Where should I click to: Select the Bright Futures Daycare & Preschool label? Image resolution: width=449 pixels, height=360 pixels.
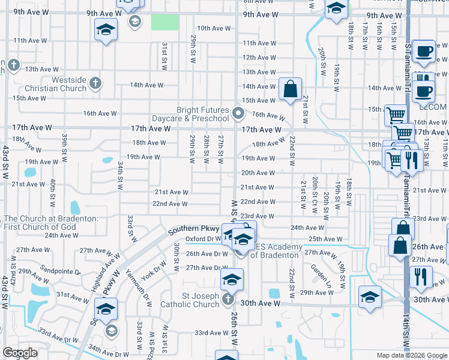coord(202,114)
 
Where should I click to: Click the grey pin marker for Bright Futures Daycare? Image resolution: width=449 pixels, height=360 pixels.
coord(238,113)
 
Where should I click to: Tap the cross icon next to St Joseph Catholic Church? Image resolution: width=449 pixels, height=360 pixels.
coord(227,299)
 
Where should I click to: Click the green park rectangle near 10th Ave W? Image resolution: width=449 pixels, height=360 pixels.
coord(164,22)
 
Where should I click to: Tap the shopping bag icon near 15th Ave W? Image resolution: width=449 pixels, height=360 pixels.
coord(290,89)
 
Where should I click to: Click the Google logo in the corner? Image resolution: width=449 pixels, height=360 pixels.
coord(20,353)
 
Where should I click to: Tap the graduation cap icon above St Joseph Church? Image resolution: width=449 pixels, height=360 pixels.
coord(231,279)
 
